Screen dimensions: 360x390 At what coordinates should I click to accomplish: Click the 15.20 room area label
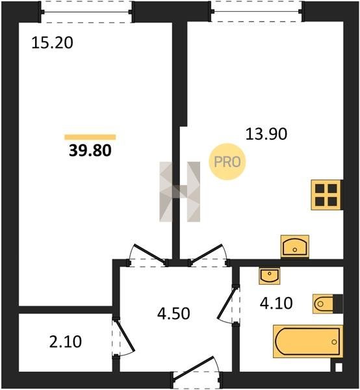52,42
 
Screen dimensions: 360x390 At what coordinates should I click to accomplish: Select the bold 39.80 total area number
90,151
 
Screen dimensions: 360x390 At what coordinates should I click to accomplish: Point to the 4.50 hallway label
174,313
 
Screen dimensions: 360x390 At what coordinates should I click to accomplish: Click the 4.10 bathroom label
276,303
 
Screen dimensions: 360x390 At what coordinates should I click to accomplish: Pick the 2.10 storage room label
66,341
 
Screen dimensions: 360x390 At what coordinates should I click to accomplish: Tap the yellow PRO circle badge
227,162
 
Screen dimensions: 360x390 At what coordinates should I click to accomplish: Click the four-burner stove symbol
326,195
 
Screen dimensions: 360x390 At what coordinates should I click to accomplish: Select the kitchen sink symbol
295,246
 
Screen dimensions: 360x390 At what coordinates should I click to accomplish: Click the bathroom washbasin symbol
270,276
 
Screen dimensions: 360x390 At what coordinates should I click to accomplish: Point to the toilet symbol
328,304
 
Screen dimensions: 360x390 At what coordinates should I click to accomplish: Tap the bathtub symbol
308,341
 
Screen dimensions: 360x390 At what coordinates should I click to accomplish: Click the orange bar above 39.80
90,137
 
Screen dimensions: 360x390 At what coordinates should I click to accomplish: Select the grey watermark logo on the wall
180,192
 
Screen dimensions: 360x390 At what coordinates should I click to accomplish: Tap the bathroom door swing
228,305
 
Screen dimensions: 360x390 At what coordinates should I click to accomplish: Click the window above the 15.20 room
87,12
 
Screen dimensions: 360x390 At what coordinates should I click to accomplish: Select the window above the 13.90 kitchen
257,12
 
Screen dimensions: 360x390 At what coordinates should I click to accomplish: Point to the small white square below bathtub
338,367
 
